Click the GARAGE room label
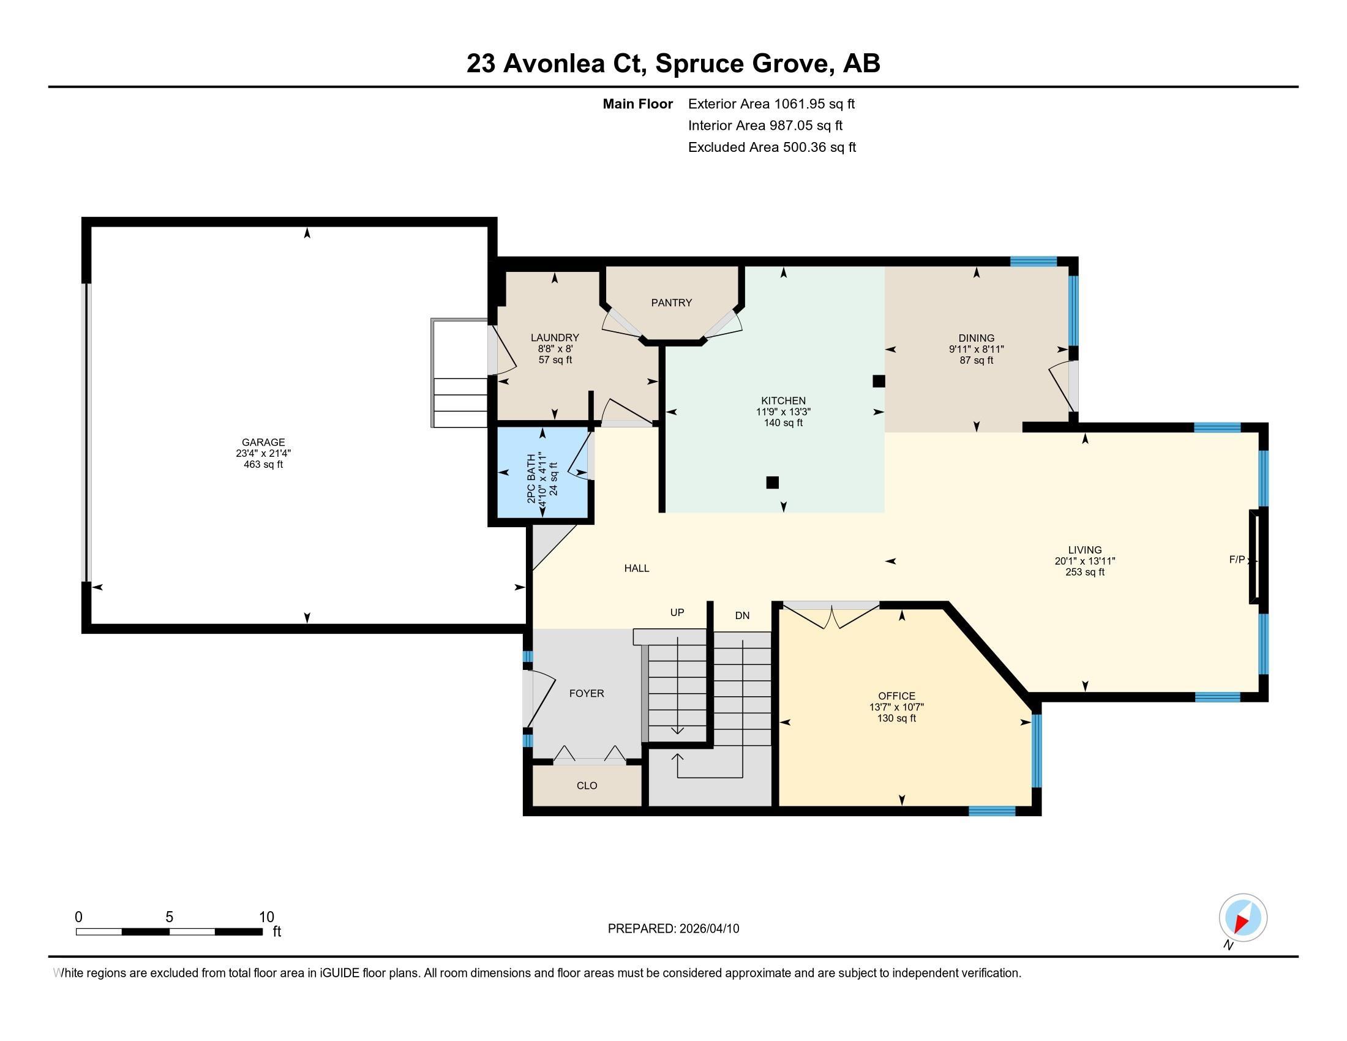263,442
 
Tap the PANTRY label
672,303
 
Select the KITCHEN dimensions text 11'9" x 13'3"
783,412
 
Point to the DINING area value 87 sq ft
977,360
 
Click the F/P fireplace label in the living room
1237,560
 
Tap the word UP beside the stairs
677,612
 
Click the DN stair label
742,615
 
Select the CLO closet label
587,786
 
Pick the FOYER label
587,693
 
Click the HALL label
637,569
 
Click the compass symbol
1243,917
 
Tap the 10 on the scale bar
266,917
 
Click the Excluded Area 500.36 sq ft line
772,148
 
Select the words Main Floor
638,104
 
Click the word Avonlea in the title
554,64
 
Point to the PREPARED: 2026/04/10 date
673,929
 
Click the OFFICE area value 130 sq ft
897,718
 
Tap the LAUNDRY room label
555,338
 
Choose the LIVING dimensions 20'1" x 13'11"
1085,561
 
